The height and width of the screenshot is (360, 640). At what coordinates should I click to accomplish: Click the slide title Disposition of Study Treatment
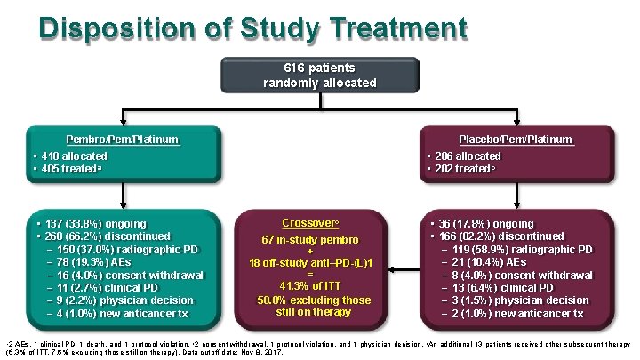tap(252, 28)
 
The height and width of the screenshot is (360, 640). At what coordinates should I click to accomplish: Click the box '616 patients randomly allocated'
tap(319, 76)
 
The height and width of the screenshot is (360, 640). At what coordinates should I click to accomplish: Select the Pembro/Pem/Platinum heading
tap(123, 140)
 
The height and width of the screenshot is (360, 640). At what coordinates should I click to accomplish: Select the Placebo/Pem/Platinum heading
tap(516, 140)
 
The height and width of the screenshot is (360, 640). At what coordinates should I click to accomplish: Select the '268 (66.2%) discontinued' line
tap(102, 236)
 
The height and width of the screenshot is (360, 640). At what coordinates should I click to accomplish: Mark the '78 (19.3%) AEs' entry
tap(98, 262)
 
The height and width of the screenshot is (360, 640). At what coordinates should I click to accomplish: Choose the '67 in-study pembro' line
tap(310, 240)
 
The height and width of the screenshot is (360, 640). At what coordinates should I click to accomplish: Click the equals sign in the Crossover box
tap(310, 275)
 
